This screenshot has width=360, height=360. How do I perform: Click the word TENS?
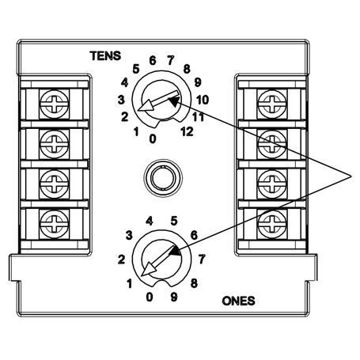105,56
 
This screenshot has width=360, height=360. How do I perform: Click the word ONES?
238,301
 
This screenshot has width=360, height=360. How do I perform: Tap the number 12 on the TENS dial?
187,131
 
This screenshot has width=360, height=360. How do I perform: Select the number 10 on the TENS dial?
203,100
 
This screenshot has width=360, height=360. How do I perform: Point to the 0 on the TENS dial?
153,138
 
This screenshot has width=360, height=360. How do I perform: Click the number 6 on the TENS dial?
153,61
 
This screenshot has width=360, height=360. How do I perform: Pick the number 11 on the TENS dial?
198,117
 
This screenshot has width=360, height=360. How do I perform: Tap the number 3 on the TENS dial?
121,100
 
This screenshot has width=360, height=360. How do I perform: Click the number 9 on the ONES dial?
174,297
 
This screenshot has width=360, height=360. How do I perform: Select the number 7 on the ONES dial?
202,260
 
